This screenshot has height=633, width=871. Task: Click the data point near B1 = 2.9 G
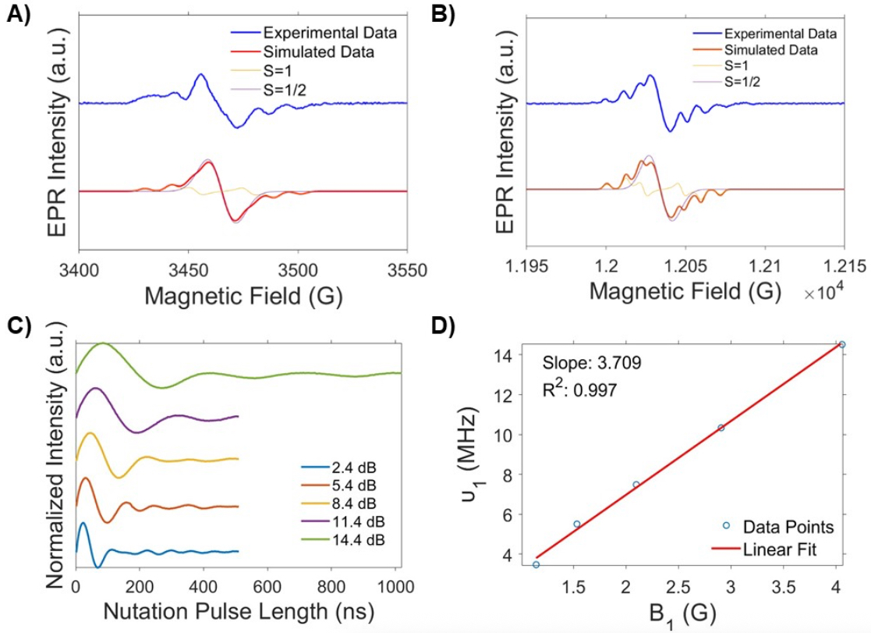(721, 428)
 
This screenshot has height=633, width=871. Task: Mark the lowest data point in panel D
(536, 564)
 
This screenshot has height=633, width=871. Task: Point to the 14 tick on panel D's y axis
(504, 355)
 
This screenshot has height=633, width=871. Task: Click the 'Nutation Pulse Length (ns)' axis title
(239, 611)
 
